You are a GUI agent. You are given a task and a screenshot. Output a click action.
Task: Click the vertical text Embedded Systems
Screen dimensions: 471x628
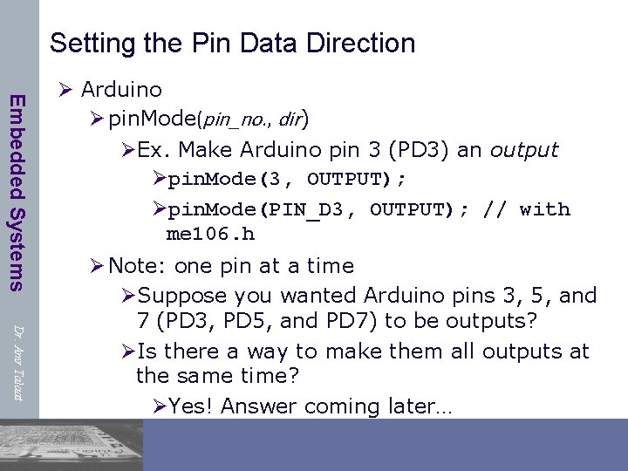pos(17,191)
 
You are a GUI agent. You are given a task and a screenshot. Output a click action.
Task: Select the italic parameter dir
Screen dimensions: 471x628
pos(290,119)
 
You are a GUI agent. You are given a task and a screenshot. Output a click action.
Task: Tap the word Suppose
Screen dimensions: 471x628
pos(176,296)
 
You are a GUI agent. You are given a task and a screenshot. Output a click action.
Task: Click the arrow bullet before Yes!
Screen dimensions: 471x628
pos(158,406)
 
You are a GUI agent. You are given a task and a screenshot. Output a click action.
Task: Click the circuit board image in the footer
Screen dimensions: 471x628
pos(70,445)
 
